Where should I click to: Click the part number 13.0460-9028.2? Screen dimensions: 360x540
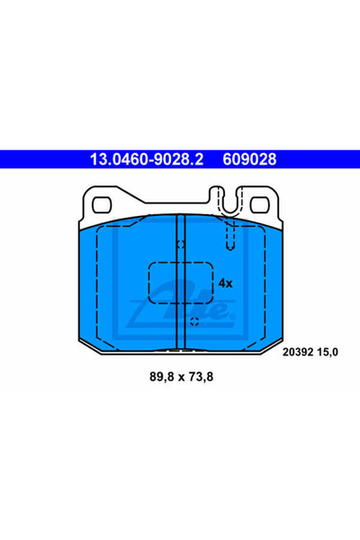click(147, 159)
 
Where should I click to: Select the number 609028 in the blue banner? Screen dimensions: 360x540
click(249, 159)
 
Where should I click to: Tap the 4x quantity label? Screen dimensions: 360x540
click(226, 283)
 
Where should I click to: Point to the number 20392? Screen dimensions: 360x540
click(298, 352)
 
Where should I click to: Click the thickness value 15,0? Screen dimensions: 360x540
click(327, 352)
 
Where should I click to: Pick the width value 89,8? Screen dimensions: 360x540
click(162, 377)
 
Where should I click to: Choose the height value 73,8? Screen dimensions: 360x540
click(202, 377)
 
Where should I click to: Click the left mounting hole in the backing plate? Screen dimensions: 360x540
click(102, 205)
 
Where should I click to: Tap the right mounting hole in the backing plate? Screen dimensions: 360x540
click(259, 205)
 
